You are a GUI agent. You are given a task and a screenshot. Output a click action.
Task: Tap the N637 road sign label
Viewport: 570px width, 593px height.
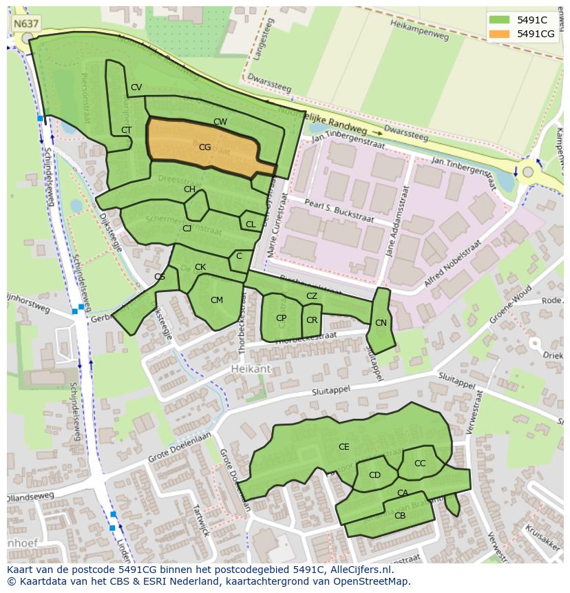26,23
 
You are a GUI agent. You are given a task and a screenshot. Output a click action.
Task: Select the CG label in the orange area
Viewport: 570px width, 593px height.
204,147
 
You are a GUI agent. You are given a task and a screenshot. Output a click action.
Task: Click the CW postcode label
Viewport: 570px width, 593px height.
220,122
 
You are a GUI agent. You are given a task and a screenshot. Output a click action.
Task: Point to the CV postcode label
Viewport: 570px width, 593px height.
136,87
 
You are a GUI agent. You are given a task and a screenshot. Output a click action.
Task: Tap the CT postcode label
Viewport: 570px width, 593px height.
127,129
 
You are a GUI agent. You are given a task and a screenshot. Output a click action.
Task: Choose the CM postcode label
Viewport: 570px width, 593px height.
217,300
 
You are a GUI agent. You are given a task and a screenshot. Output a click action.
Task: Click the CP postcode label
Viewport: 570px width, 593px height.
281,318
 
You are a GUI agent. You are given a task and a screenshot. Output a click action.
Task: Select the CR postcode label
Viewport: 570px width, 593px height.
312,320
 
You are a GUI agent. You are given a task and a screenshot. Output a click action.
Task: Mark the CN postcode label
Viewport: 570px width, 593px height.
381,323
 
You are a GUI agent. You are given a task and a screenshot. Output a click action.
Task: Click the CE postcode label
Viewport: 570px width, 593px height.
344,447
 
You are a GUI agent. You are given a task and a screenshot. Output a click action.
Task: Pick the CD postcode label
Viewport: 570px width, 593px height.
374,475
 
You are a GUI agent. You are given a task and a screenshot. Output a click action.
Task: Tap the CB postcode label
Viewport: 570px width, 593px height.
400,516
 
